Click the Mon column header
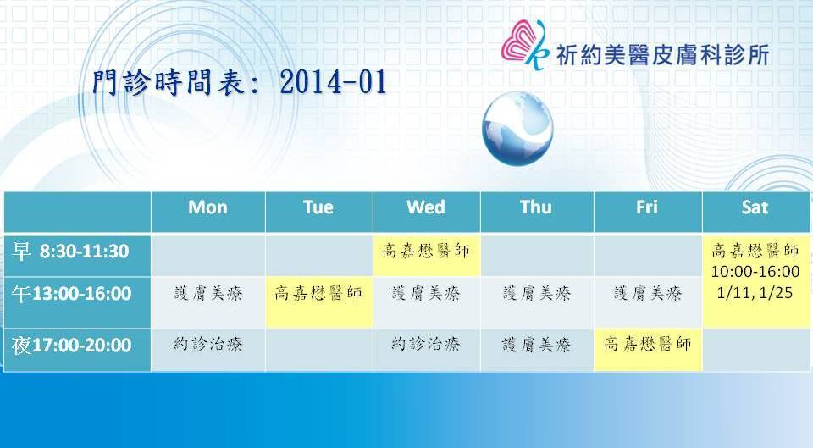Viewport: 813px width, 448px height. pos(207,207)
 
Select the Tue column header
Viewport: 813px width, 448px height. pos(318,207)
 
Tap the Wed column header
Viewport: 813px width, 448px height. pos(426,207)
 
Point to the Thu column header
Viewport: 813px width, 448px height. pos(536,207)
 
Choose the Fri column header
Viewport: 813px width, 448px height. pos(646,207)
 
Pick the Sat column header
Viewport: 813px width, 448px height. pos(755,207)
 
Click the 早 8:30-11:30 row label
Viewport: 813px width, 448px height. pos(70,252)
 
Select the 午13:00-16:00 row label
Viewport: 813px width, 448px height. pos(71,294)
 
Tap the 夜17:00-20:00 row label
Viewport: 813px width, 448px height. pos(71,346)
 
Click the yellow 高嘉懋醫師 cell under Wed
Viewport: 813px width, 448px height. pos(426,255)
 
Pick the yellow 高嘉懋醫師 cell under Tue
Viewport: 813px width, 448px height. pos(318,302)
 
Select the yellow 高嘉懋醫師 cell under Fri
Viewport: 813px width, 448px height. pos(648,350)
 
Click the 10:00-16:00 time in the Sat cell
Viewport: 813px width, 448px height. pos(755,271)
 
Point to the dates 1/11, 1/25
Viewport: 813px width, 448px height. pos(755,293)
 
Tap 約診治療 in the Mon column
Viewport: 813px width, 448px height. pos(208,345)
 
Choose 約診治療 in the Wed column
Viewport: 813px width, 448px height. pos(426,345)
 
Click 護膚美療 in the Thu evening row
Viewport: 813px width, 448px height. pos(537,345)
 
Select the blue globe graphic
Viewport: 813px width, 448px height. pos(517,128)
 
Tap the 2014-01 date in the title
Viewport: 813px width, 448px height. pos(334,82)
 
